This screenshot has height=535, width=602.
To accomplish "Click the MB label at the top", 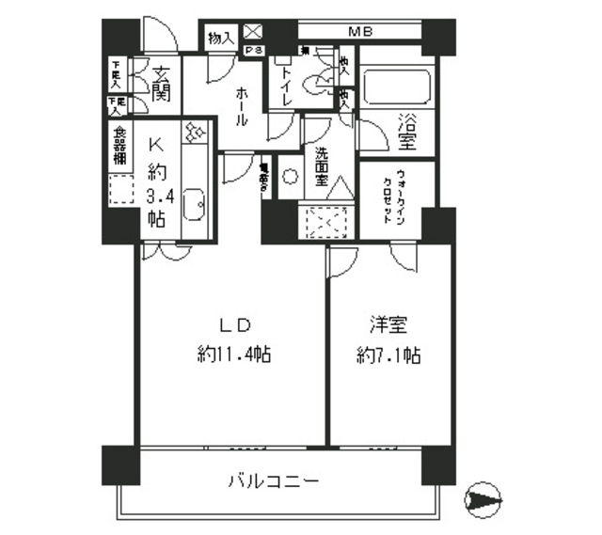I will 359,32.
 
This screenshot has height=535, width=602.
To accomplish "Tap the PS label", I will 252,51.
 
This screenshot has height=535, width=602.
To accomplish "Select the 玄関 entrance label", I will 158,82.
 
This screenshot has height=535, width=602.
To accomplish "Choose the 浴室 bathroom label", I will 407,132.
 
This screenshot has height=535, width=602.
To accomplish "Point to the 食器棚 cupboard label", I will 120,145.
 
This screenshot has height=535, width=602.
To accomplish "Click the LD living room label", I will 234,326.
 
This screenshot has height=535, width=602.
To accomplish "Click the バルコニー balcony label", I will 274,481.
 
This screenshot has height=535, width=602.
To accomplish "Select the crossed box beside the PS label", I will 251,32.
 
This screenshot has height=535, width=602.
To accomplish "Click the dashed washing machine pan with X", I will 328,223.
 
